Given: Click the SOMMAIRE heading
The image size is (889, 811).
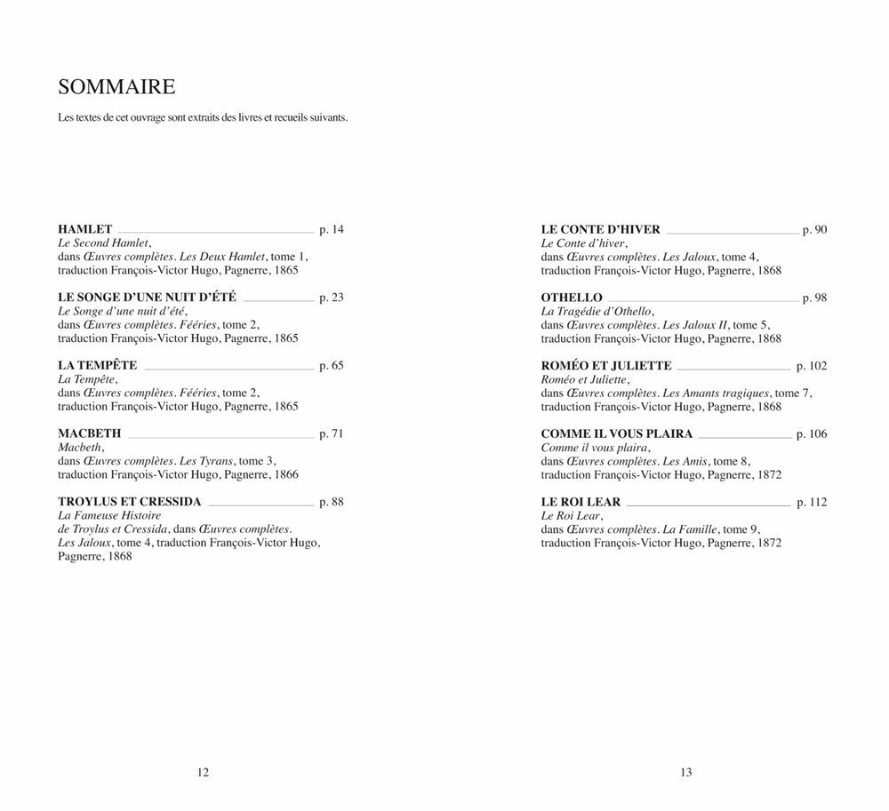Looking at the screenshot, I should pyautogui.click(x=116, y=87).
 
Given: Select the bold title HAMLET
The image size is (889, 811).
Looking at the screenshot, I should pyautogui.click(x=85, y=229).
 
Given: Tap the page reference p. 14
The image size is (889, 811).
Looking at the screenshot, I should pyautogui.click(x=331, y=229).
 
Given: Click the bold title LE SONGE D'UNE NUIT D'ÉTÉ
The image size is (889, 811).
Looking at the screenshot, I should pyautogui.click(x=147, y=298).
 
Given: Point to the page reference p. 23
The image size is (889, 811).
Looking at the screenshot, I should pyautogui.click(x=331, y=298).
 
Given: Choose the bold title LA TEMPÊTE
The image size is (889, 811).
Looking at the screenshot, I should pyautogui.click(x=98, y=365).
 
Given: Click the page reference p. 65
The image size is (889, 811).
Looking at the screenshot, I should pyautogui.click(x=331, y=365).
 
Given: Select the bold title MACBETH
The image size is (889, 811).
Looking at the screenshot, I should pyautogui.click(x=89, y=433).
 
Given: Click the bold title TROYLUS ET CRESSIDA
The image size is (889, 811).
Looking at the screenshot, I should pyautogui.click(x=130, y=502).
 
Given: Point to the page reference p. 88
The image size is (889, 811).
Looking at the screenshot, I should pyautogui.click(x=331, y=502).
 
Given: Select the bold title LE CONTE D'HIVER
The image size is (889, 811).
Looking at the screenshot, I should pyautogui.click(x=601, y=229).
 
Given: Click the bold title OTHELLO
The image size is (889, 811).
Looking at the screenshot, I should pyautogui.click(x=572, y=298).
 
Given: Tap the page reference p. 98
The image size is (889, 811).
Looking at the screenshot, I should pyautogui.click(x=814, y=298).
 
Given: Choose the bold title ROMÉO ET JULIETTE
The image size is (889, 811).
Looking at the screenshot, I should pyautogui.click(x=606, y=365).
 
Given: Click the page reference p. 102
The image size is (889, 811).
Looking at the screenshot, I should pyautogui.click(x=812, y=365).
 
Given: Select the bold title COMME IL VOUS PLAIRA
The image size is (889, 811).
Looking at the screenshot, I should pyautogui.click(x=617, y=433).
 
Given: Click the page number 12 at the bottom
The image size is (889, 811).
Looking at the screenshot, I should pyautogui.click(x=203, y=773).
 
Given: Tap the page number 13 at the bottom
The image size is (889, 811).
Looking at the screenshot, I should pyautogui.click(x=686, y=773).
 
